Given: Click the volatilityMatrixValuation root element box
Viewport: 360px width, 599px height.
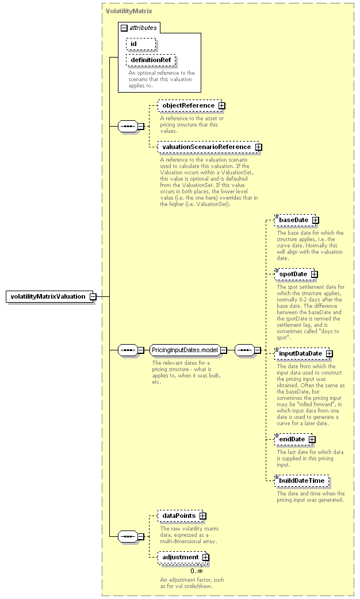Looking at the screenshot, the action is [x=49, y=296].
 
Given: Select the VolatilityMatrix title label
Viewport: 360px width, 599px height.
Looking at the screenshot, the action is [x=129, y=11].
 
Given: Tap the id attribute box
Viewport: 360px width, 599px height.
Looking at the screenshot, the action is [x=141, y=44].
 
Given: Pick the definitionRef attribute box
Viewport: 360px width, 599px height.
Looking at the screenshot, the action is [x=151, y=60].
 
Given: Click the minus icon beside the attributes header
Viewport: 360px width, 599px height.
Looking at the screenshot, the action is [x=124, y=28].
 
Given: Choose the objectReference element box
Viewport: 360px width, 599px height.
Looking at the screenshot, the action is [x=189, y=105].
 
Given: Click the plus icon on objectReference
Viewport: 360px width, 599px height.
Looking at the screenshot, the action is [x=221, y=106].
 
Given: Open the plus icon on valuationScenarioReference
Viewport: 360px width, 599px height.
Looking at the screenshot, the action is [x=258, y=147].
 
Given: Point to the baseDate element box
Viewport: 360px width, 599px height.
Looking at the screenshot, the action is [x=295, y=220].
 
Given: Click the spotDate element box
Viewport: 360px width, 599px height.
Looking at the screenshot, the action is [x=294, y=274].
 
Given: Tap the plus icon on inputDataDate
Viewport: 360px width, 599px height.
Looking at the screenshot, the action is [x=329, y=354].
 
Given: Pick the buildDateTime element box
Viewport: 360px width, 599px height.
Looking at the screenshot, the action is [x=301, y=480].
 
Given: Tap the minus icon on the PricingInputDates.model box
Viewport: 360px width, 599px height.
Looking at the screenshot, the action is [x=224, y=350].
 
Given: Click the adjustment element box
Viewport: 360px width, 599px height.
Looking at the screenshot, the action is [x=182, y=558].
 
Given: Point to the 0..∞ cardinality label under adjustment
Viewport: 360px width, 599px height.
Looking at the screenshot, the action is [x=197, y=571].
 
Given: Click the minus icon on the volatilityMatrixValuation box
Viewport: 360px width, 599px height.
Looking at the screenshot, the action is [x=93, y=297].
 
